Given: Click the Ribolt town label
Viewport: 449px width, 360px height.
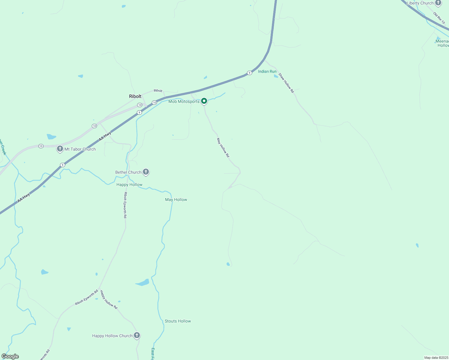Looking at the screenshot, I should point(135,96).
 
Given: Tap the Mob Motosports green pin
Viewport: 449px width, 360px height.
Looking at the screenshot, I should point(204,101).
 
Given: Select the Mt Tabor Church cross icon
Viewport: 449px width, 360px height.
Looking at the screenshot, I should point(60,149).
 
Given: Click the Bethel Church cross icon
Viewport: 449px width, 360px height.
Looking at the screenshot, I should point(146,172).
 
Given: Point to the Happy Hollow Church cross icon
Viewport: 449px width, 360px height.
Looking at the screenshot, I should point(137,335).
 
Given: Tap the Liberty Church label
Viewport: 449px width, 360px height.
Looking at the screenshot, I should point(420,3).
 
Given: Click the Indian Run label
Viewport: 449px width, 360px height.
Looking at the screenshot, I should point(267,71).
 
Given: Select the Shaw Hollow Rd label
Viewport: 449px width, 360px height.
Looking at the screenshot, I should point(286,83).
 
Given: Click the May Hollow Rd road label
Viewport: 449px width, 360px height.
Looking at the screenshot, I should point(223,148).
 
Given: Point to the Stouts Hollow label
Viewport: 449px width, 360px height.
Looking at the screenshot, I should point(178,321).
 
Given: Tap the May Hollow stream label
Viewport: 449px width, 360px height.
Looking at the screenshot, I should point(176,199).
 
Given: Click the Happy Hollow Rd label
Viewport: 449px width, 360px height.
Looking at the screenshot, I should point(109,299).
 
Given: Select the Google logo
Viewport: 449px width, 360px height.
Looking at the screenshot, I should point(10,356).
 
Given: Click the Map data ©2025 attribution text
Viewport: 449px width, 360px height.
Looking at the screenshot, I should point(435,358).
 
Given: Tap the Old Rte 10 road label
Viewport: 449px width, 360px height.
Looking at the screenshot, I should point(439,18).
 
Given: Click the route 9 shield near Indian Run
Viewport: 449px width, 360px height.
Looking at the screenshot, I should point(249,73).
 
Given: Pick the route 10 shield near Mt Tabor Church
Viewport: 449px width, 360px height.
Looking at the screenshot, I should point(41,146).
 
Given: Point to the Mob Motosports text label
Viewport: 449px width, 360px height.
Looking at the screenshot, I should point(184,101).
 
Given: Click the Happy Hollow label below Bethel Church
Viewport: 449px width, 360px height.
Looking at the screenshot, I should point(129,184).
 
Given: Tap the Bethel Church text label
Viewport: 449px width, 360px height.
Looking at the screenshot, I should point(128,172).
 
